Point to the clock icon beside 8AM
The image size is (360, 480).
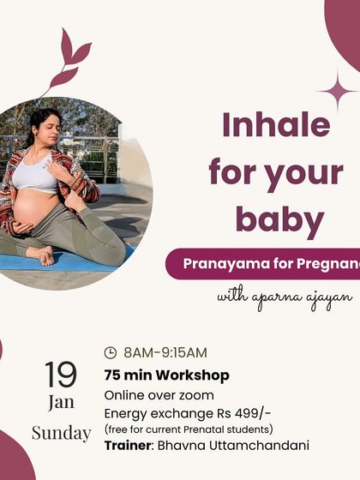point(110,352)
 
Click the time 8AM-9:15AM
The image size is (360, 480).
point(165,352)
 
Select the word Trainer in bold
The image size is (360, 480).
point(128,445)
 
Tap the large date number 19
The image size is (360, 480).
point(60,375)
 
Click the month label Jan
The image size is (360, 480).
point(61,403)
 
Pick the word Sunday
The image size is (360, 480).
point(61,433)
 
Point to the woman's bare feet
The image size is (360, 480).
point(39,255)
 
